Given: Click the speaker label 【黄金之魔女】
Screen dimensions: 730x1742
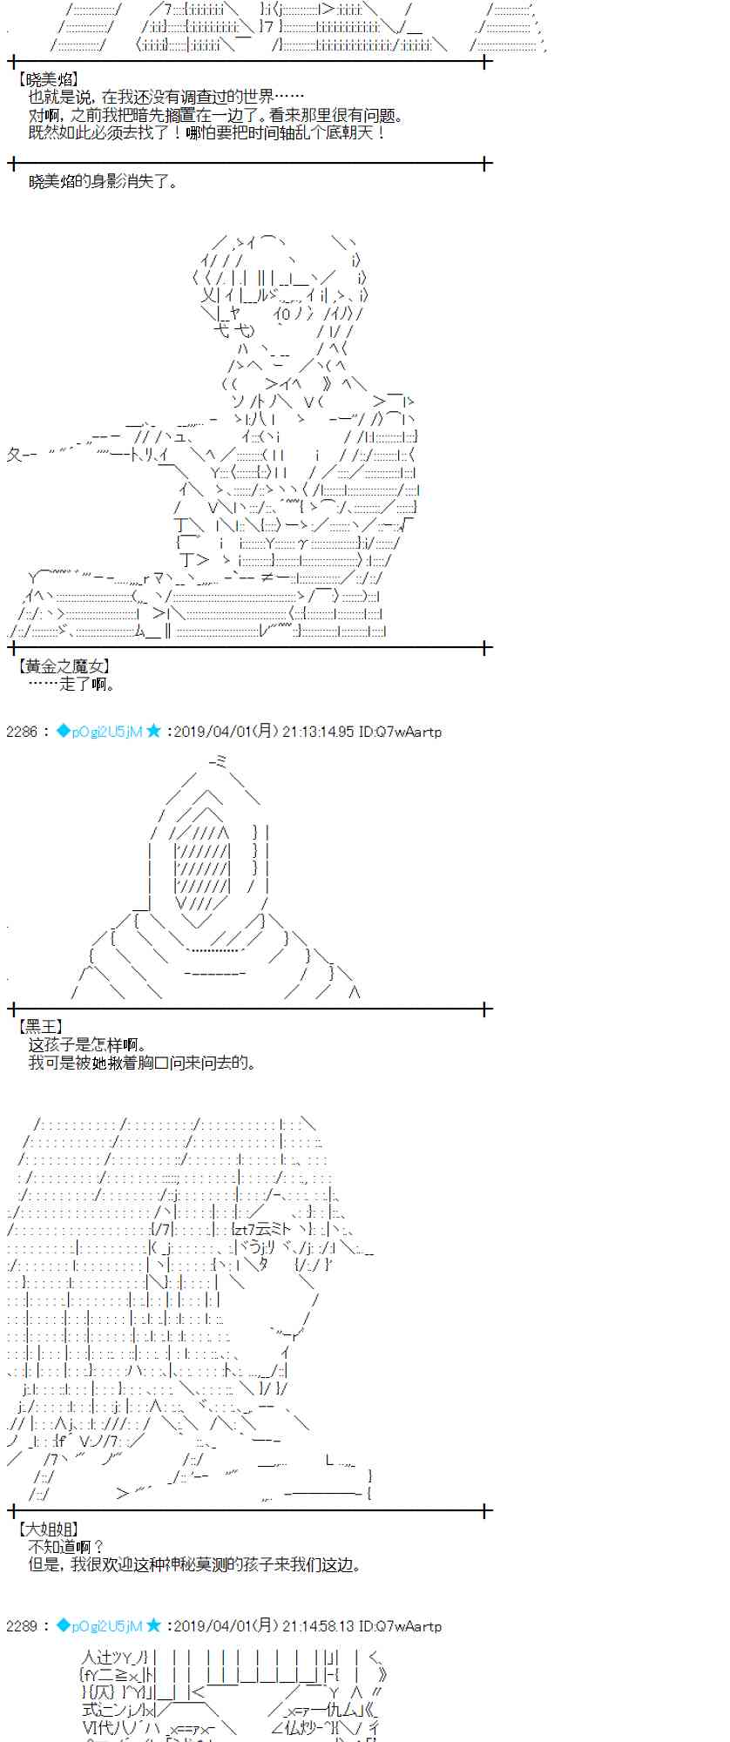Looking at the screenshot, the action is pos(64,666).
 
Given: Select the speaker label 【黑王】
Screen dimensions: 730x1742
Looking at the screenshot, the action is pos(40,1028).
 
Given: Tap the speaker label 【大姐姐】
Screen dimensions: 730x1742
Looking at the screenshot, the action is pos(48,1529).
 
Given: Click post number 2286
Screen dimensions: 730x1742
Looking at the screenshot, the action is pos(22,732).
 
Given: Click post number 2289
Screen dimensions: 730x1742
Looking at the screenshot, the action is pos(22,1626).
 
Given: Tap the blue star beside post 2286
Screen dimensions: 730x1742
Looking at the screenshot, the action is pos(154,732).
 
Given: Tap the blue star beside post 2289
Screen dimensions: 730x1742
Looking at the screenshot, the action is pos(154,1626).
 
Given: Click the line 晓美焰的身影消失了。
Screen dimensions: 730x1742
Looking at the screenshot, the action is pos(103,182).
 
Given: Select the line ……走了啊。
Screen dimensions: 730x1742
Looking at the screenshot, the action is pos(71,685).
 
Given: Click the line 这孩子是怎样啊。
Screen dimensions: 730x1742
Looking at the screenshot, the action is pos(87,1045).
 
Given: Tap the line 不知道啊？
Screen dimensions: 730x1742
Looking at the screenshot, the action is pos(66,1547).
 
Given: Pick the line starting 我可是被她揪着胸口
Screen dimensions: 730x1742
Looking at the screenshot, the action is pos(143,1063).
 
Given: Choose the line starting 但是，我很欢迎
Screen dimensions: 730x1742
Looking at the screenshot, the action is pos(193,1565).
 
